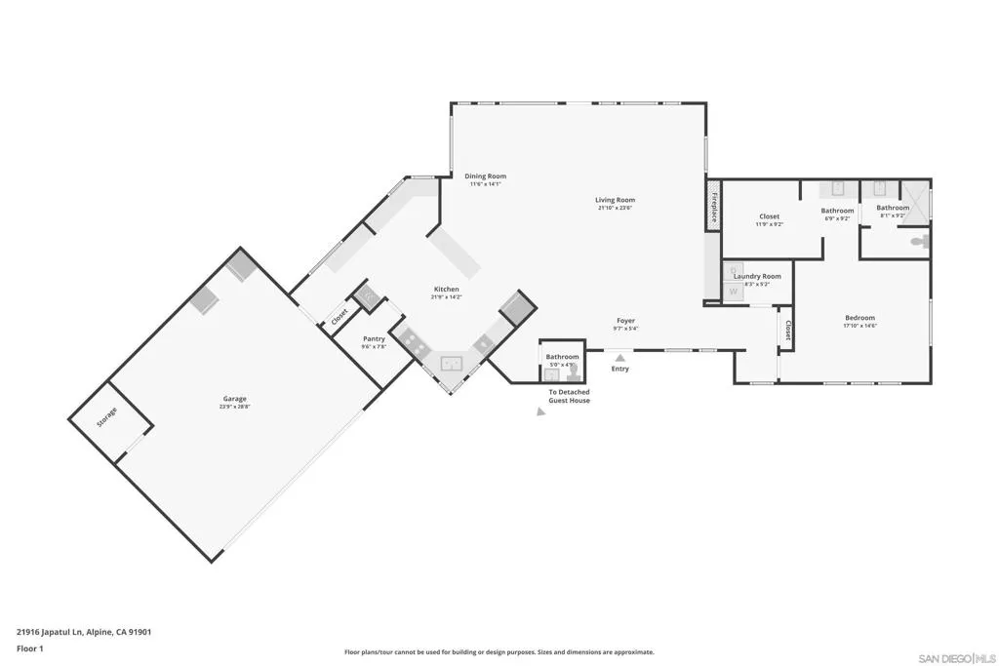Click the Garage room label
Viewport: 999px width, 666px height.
tap(234, 398)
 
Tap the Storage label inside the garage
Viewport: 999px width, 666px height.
tap(107, 417)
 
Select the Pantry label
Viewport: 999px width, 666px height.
tap(374, 339)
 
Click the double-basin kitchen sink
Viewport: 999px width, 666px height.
tap(451, 365)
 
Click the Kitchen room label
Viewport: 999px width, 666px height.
tap(446, 290)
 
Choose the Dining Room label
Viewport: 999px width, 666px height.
tap(485, 176)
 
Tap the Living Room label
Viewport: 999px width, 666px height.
tap(615, 200)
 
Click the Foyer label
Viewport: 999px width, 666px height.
tap(625, 321)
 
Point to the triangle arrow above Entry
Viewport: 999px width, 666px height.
tap(620, 358)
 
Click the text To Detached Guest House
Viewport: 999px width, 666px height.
tap(569, 396)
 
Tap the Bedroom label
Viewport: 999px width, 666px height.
tap(859, 318)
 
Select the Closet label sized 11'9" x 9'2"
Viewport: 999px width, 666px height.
tap(769, 216)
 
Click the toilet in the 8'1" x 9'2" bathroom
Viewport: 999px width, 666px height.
tap(917, 241)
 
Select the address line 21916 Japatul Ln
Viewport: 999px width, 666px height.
tap(84, 631)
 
